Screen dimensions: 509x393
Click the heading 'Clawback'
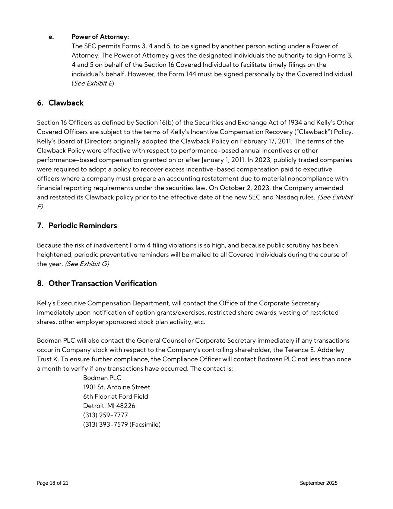[66, 103]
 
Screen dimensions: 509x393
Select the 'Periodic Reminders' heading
[82, 226]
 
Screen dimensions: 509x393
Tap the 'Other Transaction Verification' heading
[102, 283]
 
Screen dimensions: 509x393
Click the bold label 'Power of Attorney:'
[100, 37]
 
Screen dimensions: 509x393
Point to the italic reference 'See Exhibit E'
[93, 83]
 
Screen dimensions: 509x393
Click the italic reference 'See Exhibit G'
[87, 264]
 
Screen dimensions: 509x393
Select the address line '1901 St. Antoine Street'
[117, 387]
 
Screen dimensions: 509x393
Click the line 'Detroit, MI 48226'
[109, 406]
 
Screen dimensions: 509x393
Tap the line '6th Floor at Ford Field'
[115, 396]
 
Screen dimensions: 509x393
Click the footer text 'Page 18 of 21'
[53, 483]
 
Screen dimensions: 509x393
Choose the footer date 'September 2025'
[318, 483]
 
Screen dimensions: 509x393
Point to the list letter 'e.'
[51, 37]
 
